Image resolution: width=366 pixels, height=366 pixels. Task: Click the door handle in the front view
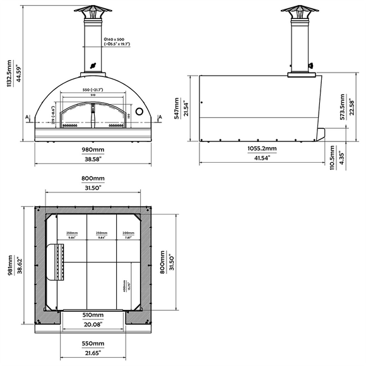pos(93,118)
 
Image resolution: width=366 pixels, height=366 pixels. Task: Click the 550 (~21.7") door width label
pos(93,90)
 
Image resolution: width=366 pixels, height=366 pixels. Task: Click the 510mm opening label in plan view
pos(93,314)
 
